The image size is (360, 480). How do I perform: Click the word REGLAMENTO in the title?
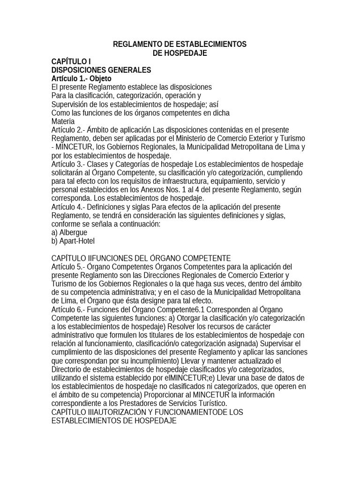point(136,45)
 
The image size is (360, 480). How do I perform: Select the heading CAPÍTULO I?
point(71,61)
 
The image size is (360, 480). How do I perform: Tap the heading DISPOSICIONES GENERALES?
point(101,70)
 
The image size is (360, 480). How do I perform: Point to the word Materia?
point(63,120)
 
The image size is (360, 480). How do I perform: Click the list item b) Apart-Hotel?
point(73,241)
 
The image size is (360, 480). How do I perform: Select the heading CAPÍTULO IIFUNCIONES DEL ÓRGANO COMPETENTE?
point(141,258)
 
